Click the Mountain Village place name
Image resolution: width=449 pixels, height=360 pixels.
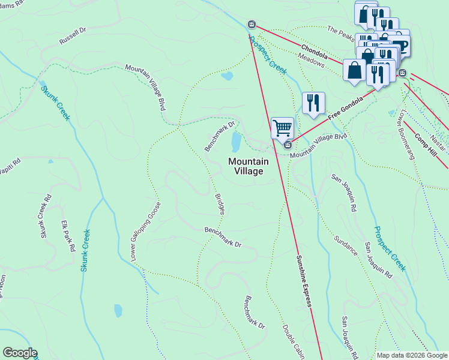249,166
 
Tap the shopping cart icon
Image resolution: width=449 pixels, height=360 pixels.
282,128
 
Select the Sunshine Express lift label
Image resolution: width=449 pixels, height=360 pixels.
304,281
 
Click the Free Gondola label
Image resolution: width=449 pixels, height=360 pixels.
345,108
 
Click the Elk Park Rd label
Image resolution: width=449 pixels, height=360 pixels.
68,236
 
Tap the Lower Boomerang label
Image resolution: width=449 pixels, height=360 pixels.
406,136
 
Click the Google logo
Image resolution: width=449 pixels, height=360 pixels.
20,353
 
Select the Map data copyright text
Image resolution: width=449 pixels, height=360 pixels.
412,355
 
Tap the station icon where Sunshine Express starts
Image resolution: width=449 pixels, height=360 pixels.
252,25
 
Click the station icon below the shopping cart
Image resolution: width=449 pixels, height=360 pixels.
288,145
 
